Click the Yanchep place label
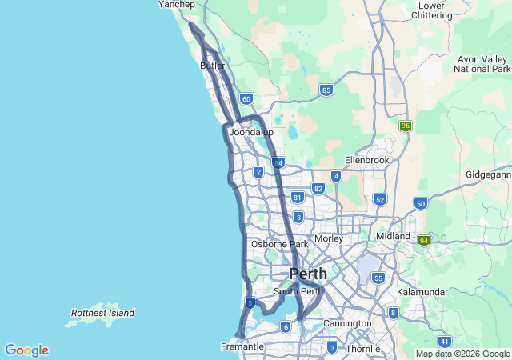tap(177, 5)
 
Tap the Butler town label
tap(213, 66)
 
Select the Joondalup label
tap(250, 132)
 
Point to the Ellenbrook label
tap(366, 160)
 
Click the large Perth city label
tap(308, 274)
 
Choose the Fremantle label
tap(242, 346)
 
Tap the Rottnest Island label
tap(102, 313)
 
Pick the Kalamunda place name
tap(421, 292)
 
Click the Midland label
tap(393, 237)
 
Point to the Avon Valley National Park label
tap(482, 64)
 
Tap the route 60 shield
tap(246, 99)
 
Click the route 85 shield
tap(326, 90)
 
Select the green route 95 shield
tap(406, 126)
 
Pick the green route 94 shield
tap(424, 240)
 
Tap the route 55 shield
tap(378, 278)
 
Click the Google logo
tap(27, 350)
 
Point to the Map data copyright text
tap(462, 354)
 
